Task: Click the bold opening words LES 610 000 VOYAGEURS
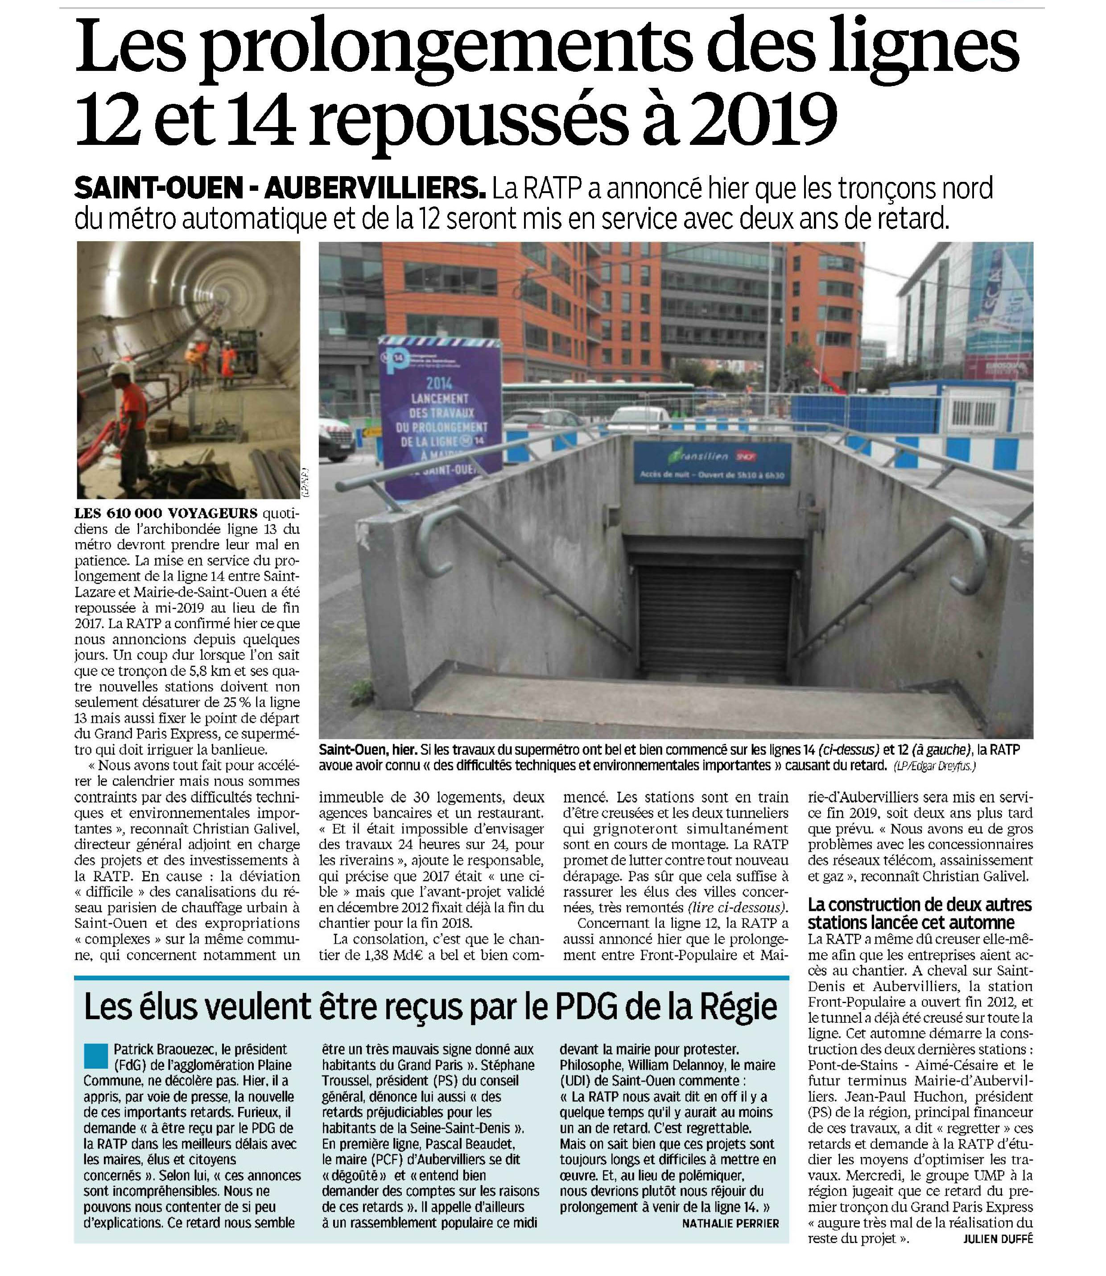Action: click(x=165, y=513)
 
